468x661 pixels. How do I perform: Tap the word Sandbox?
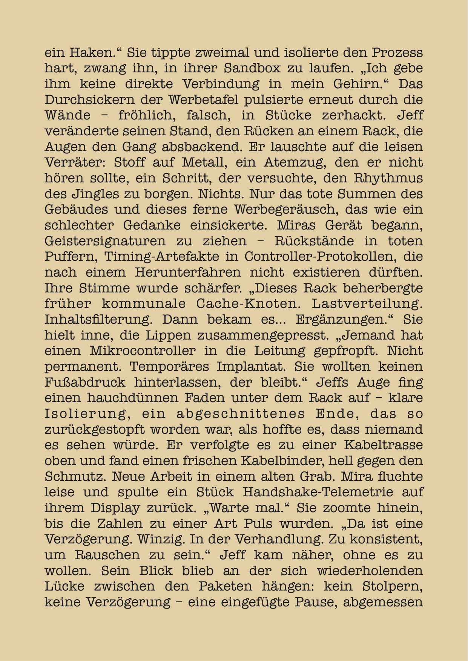252,68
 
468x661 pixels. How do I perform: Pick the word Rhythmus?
391,178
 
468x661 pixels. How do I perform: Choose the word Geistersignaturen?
105,241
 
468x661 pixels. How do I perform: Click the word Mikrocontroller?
143,351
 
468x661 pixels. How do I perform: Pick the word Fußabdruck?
85,382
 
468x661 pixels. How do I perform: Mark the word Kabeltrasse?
383,445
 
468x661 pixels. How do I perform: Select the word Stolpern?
393,586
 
